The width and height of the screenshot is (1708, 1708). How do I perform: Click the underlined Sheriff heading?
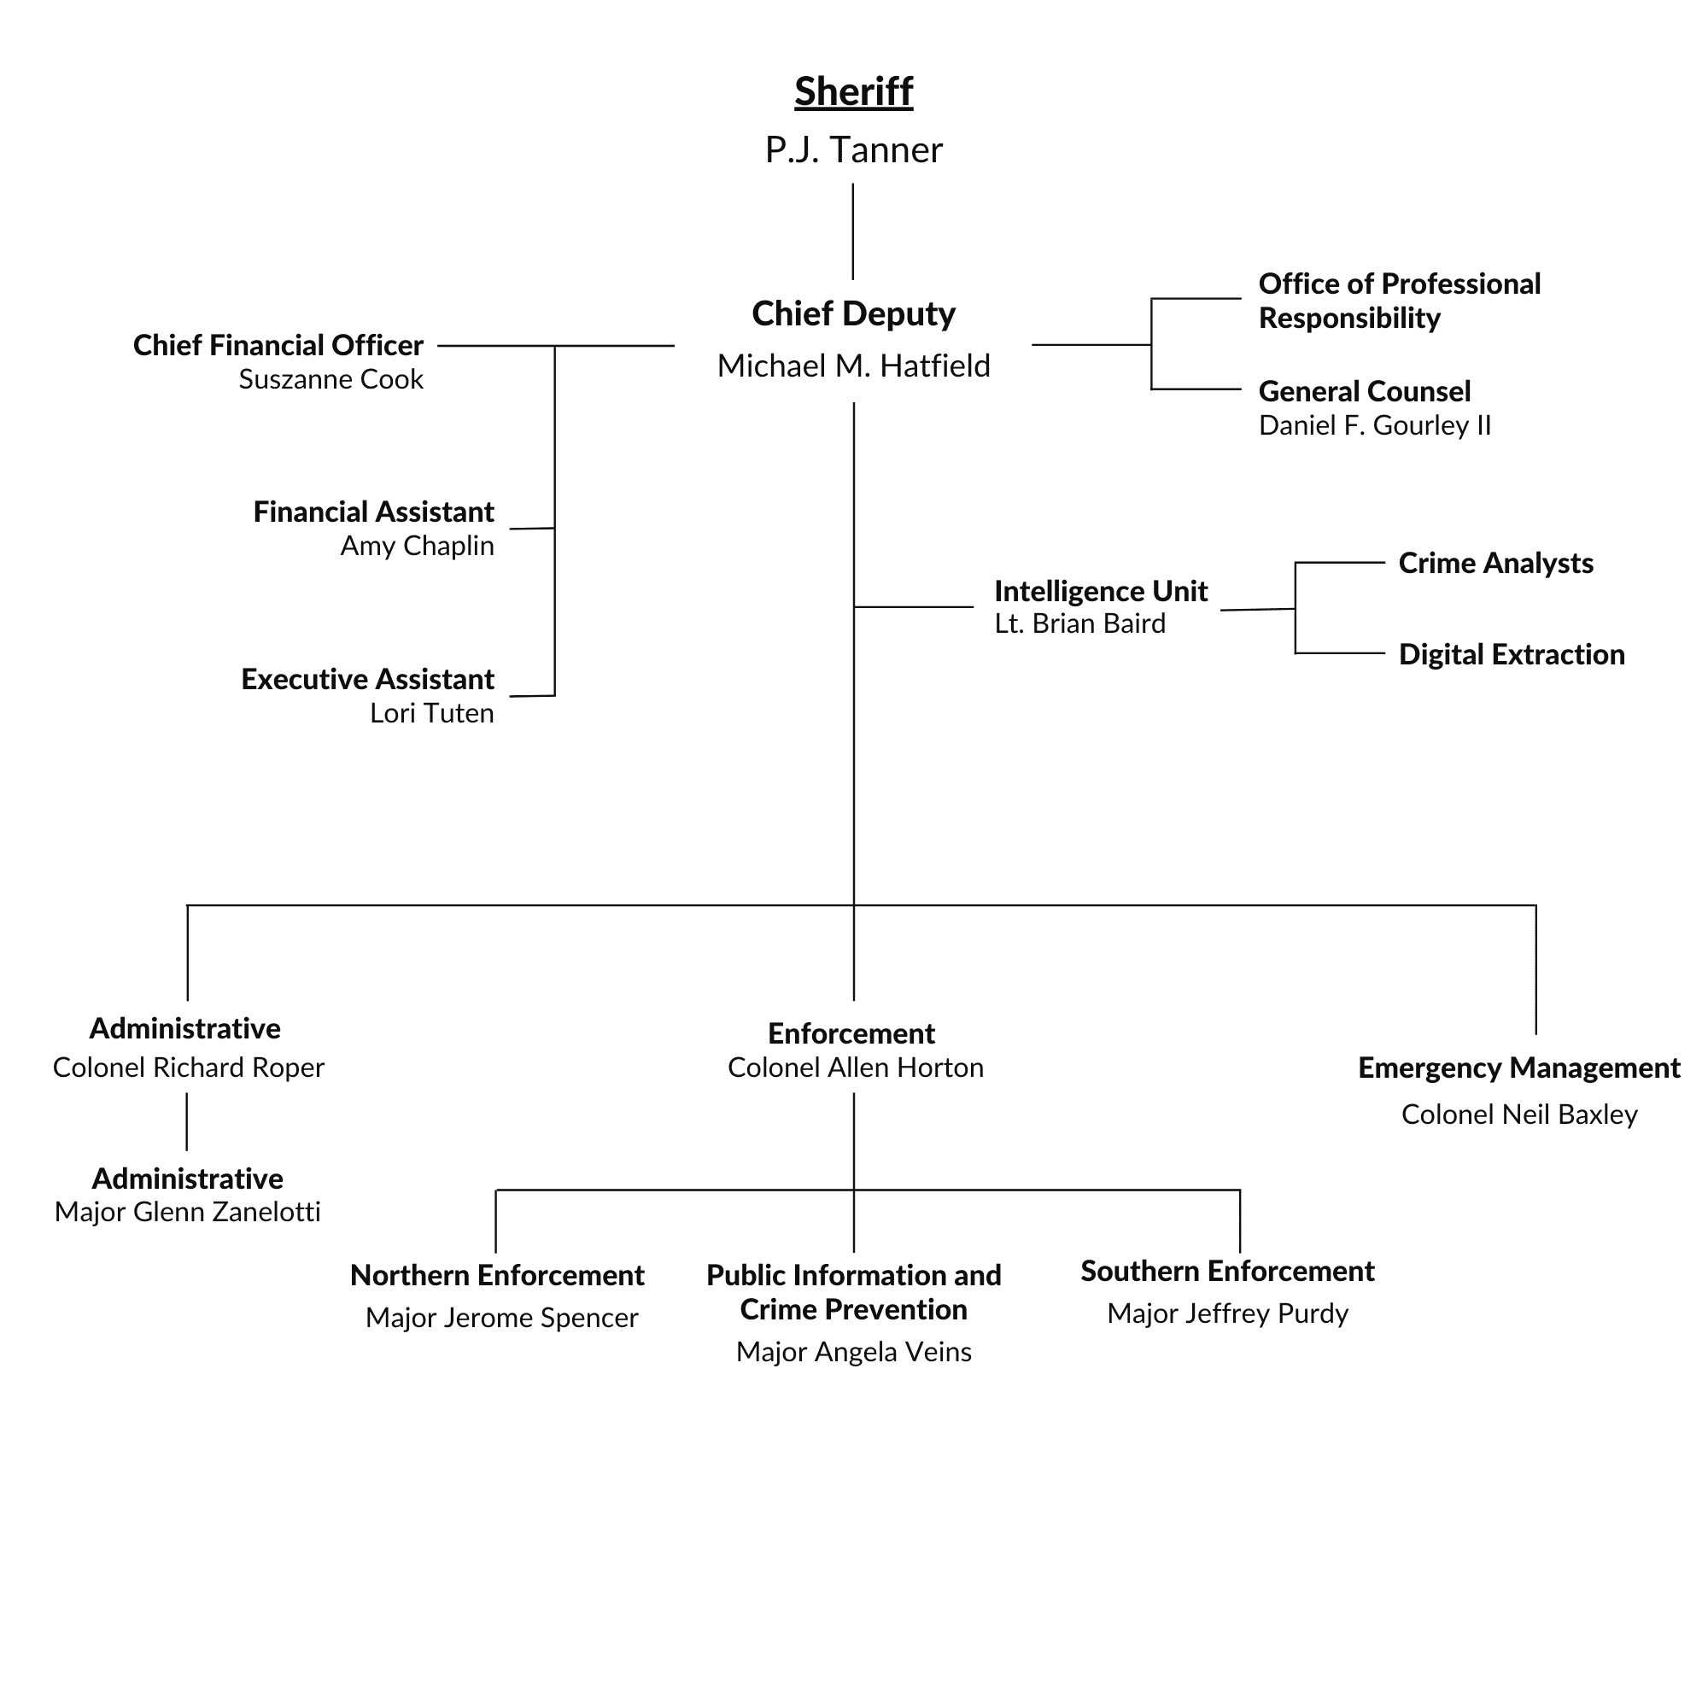tap(853, 92)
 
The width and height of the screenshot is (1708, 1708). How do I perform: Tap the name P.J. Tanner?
tap(853, 150)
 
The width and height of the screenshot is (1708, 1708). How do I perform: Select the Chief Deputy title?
tap(853, 313)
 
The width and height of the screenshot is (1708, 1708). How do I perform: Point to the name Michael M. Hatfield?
tap(853, 366)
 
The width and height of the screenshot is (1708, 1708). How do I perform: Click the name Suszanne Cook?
tap(330, 380)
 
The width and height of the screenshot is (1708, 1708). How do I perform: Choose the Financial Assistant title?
tap(373, 512)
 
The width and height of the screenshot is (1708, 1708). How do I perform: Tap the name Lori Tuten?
tap(431, 713)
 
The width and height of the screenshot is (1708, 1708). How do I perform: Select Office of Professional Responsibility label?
tap(1399, 301)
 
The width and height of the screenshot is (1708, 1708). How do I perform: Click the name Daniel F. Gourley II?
tap(1374, 426)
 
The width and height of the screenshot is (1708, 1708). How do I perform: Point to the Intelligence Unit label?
tap(1100, 591)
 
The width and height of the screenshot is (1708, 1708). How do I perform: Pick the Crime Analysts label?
tap(1495, 563)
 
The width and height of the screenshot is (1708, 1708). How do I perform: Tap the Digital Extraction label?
tap(1511, 654)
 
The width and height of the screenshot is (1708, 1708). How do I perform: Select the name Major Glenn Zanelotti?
tap(187, 1212)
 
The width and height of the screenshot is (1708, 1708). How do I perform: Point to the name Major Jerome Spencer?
tap(501, 1318)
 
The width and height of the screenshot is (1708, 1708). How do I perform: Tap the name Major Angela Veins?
tap(853, 1352)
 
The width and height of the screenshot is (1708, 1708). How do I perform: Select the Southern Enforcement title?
tap(1227, 1272)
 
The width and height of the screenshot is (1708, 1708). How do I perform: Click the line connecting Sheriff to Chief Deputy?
tap(853, 231)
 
